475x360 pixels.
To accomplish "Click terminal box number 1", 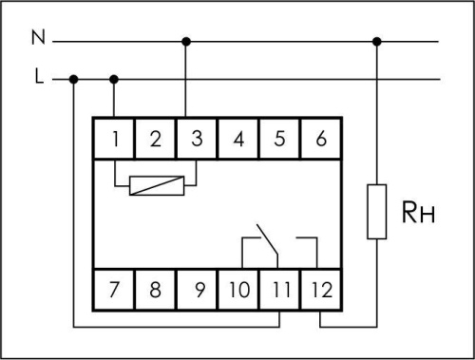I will (x=114, y=139).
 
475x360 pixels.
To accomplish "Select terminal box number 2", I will (x=156, y=139).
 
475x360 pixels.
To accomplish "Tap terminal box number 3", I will (x=197, y=139).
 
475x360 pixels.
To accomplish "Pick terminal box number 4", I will (x=238, y=139).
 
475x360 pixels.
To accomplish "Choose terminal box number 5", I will (x=279, y=139).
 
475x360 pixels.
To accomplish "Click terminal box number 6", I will (x=320, y=139).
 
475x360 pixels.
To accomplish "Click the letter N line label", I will (x=37, y=40).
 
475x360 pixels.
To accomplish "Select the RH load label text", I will (x=414, y=210).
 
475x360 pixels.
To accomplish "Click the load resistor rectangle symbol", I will (x=377, y=211).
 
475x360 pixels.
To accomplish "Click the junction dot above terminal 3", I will (x=186, y=41).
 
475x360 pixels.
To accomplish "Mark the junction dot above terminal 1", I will (x=115, y=79).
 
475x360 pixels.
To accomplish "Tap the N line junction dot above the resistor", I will (x=377, y=41).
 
